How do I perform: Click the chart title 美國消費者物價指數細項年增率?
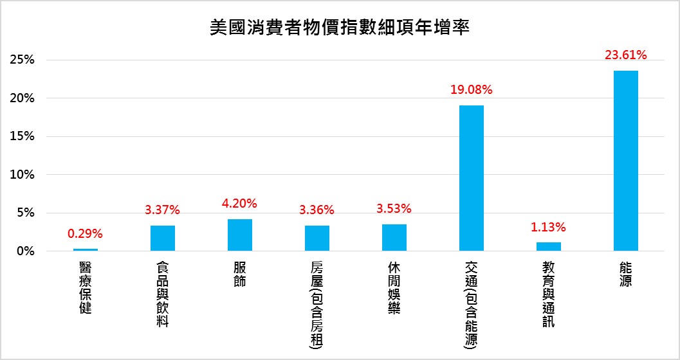(x=340, y=28)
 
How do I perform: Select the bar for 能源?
(x=625, y=161)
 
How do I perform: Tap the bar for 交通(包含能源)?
(x=471, y=178)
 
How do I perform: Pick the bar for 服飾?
(x=239, y=235)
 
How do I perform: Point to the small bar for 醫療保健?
(x=85, y=249)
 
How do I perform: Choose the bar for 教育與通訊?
(x=548, y=246)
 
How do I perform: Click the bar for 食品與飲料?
(x=162, y=238)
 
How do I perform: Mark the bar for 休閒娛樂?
(x=394, y=237)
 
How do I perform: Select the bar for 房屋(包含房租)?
(x=317, y=238)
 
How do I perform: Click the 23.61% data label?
(x=625, y=55)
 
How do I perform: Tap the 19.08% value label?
(x=471, y=90)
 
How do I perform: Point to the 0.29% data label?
(x=85, y=233)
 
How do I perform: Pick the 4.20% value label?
(x=239, y=204)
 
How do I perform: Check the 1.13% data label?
(x=548, y=227)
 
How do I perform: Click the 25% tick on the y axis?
(x=22, y=60)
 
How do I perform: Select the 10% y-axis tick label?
(x=22, y=175)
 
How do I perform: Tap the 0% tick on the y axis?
(x=24, y=251)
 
